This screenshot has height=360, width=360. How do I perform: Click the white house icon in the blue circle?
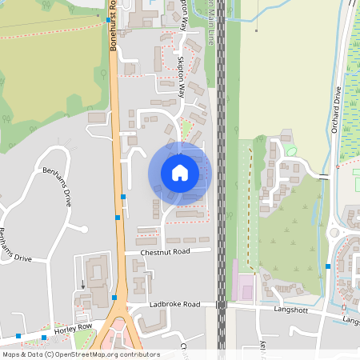coord(180,173)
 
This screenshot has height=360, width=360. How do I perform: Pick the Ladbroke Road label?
coord(174,305)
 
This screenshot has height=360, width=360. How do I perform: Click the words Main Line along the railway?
coord(210,24)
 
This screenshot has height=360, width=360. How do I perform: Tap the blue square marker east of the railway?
coord(328,266)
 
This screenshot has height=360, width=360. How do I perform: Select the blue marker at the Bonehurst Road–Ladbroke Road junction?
coord(114,298)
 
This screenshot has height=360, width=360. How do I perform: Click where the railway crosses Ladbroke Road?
coord(221,305)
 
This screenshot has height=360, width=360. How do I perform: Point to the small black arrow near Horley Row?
coord(82,284)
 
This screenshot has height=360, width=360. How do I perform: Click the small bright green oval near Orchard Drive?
coord(290,150)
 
